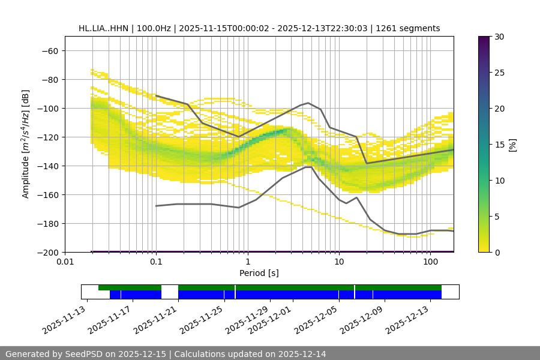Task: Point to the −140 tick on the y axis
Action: pos(48,166)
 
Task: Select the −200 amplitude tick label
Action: pos(48,252)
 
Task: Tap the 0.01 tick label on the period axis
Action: pos(65,262)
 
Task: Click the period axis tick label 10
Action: pos(339,262)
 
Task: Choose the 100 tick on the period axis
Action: pos(430,262)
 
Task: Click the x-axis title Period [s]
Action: pos(259,273)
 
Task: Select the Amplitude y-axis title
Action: pos(26,144)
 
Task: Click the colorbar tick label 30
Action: pos(499,37)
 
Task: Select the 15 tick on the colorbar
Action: pos(499,145)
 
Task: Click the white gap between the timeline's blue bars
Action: pos(170,294)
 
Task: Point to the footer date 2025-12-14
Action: pos(300,354)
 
